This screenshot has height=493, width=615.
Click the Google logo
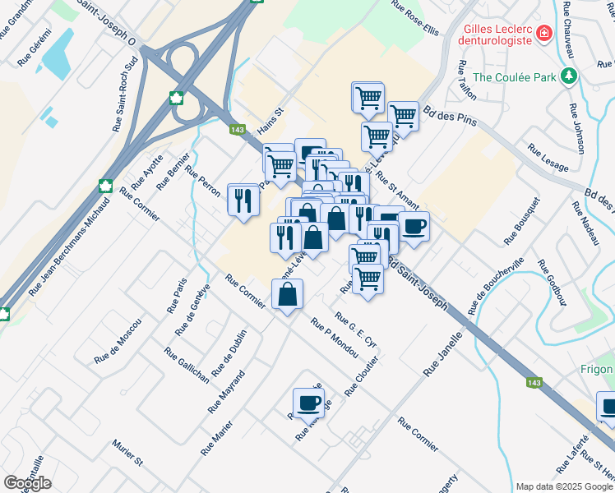(27, 483)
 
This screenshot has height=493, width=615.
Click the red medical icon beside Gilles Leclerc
(543, 34)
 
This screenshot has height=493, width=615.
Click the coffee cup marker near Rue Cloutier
(308, 403)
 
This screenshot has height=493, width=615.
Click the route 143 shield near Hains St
(238, 130)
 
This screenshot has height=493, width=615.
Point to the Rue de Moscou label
(118, 342)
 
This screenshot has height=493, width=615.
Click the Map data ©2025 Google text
(563, 486)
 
